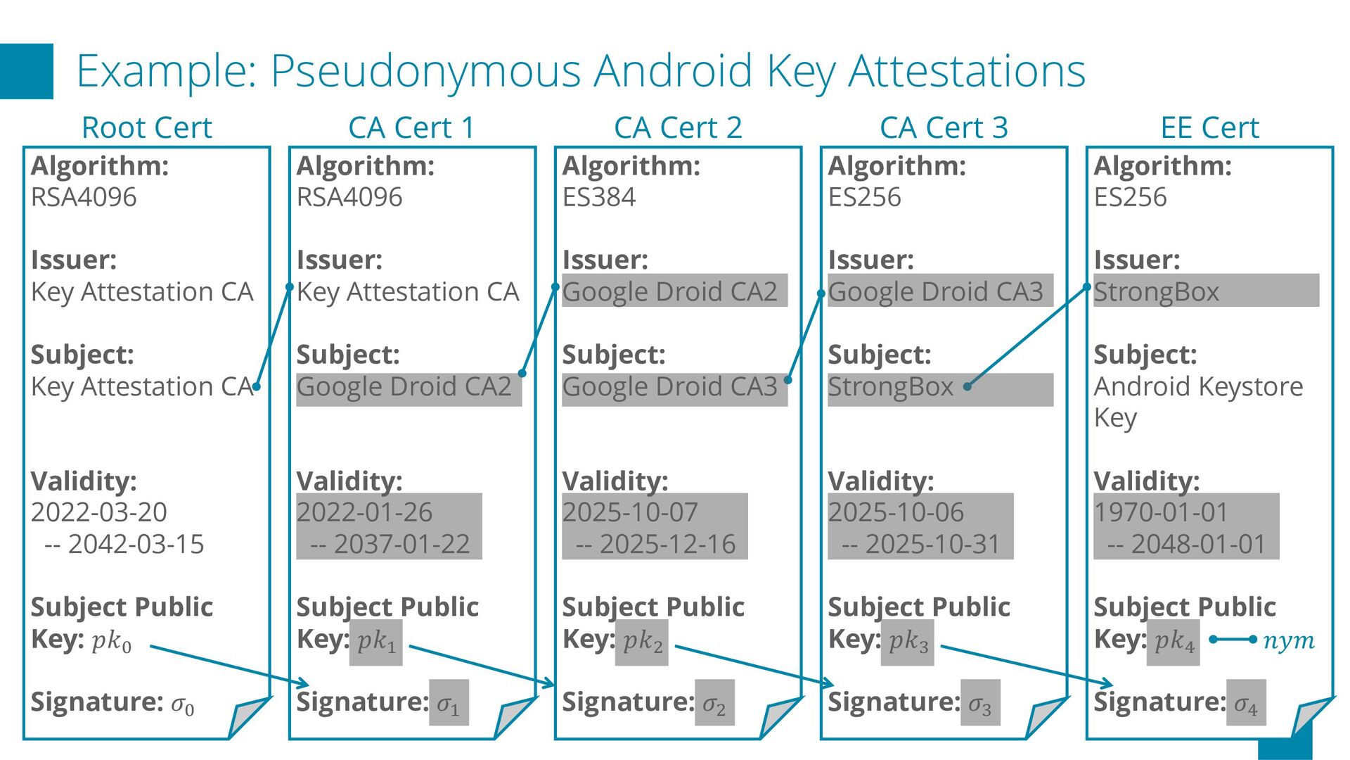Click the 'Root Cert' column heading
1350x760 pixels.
coord(146,128)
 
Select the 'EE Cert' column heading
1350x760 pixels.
coord(1209,128)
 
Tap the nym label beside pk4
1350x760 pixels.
coord(1288,641)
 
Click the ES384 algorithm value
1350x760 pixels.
coord(598,197)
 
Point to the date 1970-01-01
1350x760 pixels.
coord(1161,512)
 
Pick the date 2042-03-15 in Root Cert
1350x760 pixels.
coord(136,544)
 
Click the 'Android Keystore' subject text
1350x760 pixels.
coord(1198,386)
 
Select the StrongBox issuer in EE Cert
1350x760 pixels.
coord(1156,291)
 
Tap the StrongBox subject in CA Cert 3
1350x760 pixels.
coord(890,387)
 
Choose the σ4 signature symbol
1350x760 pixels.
coord(1246,703)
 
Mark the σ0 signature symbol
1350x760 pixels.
coord(183,703)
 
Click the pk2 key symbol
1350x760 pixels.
coord(643,641)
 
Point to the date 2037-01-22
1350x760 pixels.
coord(401,544)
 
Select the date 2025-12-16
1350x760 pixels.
coord(667,544)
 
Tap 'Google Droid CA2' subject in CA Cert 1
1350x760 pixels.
coord(404,387)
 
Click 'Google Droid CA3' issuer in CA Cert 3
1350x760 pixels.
coord(935,291)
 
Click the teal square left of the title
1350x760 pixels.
coord(26,71)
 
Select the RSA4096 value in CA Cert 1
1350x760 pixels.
coord(349,197)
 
